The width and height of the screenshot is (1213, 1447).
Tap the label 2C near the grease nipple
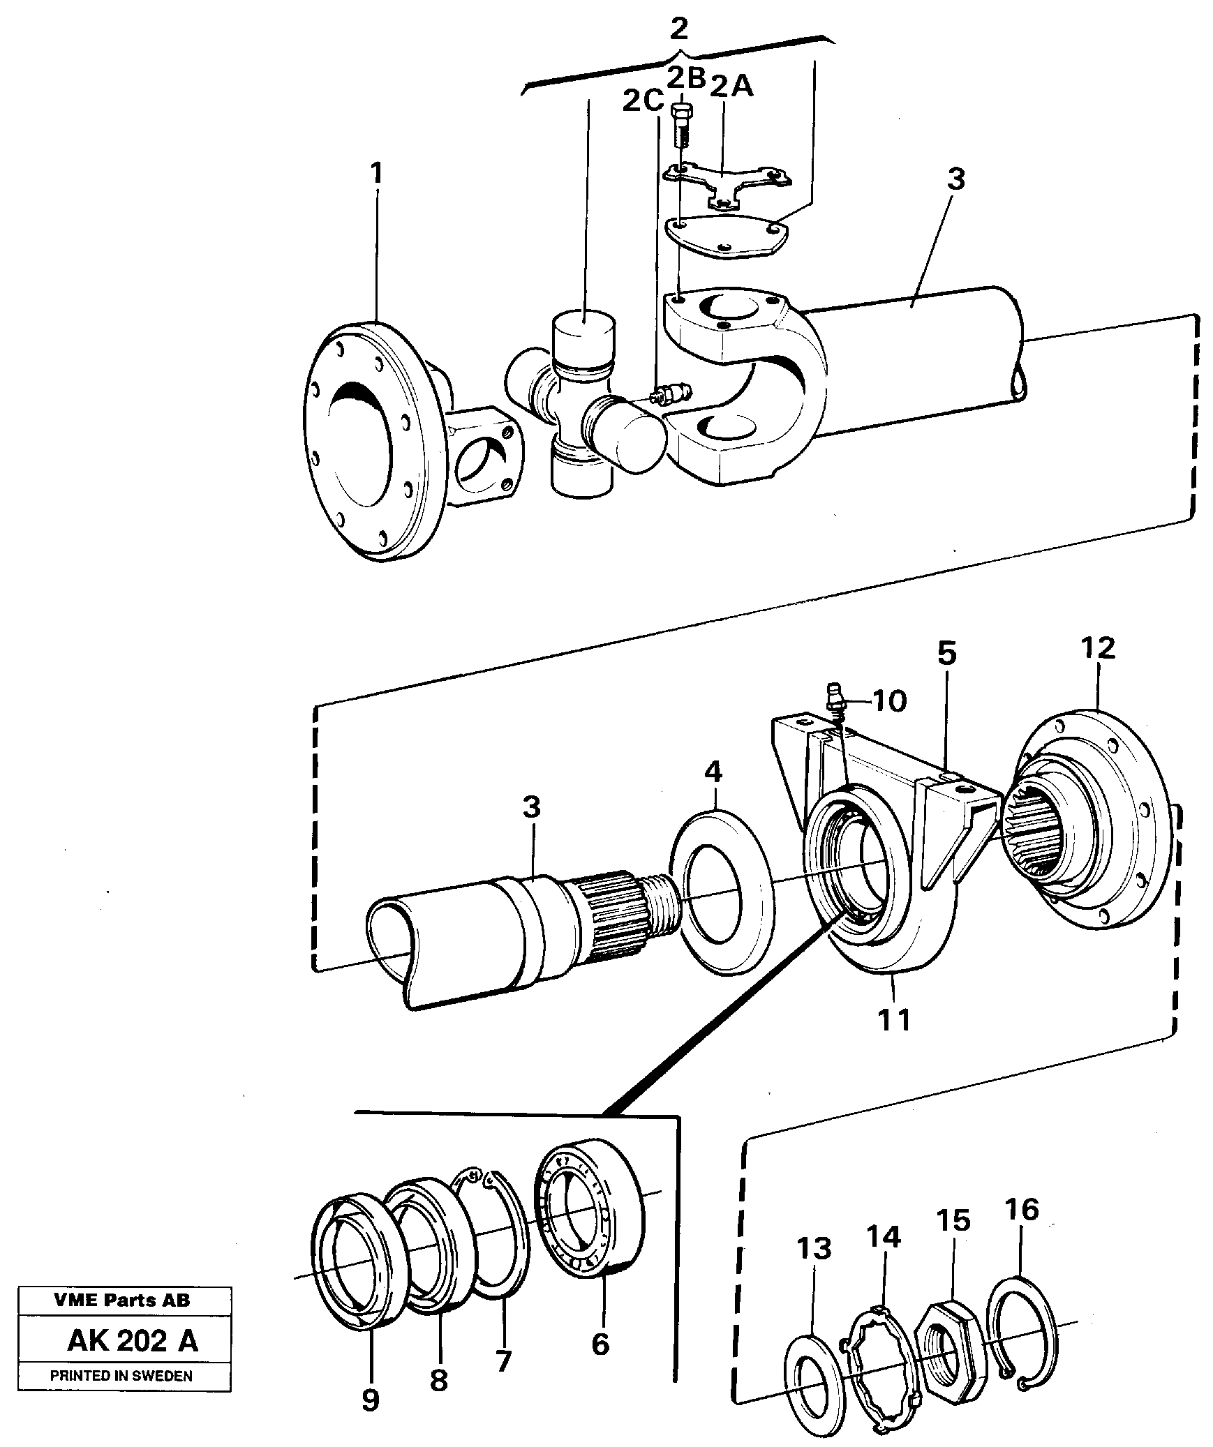(x=642, y=103)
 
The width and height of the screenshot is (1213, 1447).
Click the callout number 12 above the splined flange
(x=1097, y=648)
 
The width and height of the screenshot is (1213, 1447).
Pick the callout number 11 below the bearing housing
(x=894, y=1020)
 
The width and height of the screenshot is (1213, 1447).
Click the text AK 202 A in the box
(x=132, y=1341)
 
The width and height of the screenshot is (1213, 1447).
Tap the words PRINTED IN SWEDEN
(x=121, y=1376)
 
